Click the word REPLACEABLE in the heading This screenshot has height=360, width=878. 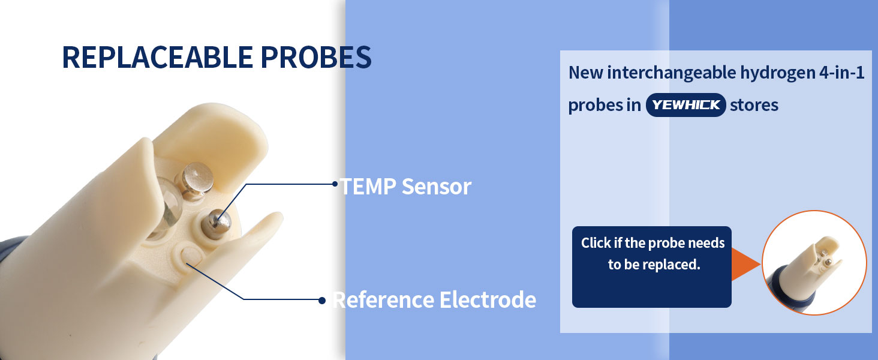tap(158, 57)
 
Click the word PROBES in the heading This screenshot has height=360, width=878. tap(316, 57)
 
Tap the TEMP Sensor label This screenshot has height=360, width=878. tap(405, 186)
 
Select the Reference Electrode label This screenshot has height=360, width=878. tap(434, 300)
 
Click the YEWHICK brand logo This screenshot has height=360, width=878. tap(686, 105)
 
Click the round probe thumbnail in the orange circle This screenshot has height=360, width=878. tap(814, 263)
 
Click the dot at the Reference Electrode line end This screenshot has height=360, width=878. tap(322, 301)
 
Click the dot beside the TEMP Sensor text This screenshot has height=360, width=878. tap(335, 184)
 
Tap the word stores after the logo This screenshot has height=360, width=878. tap(754, 105)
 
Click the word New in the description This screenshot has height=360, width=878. tap(586, 73)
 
